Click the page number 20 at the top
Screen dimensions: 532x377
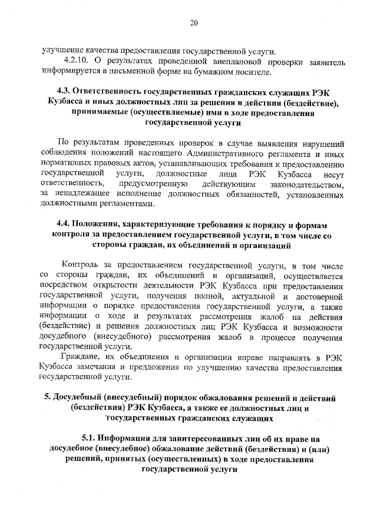pos(194,23)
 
